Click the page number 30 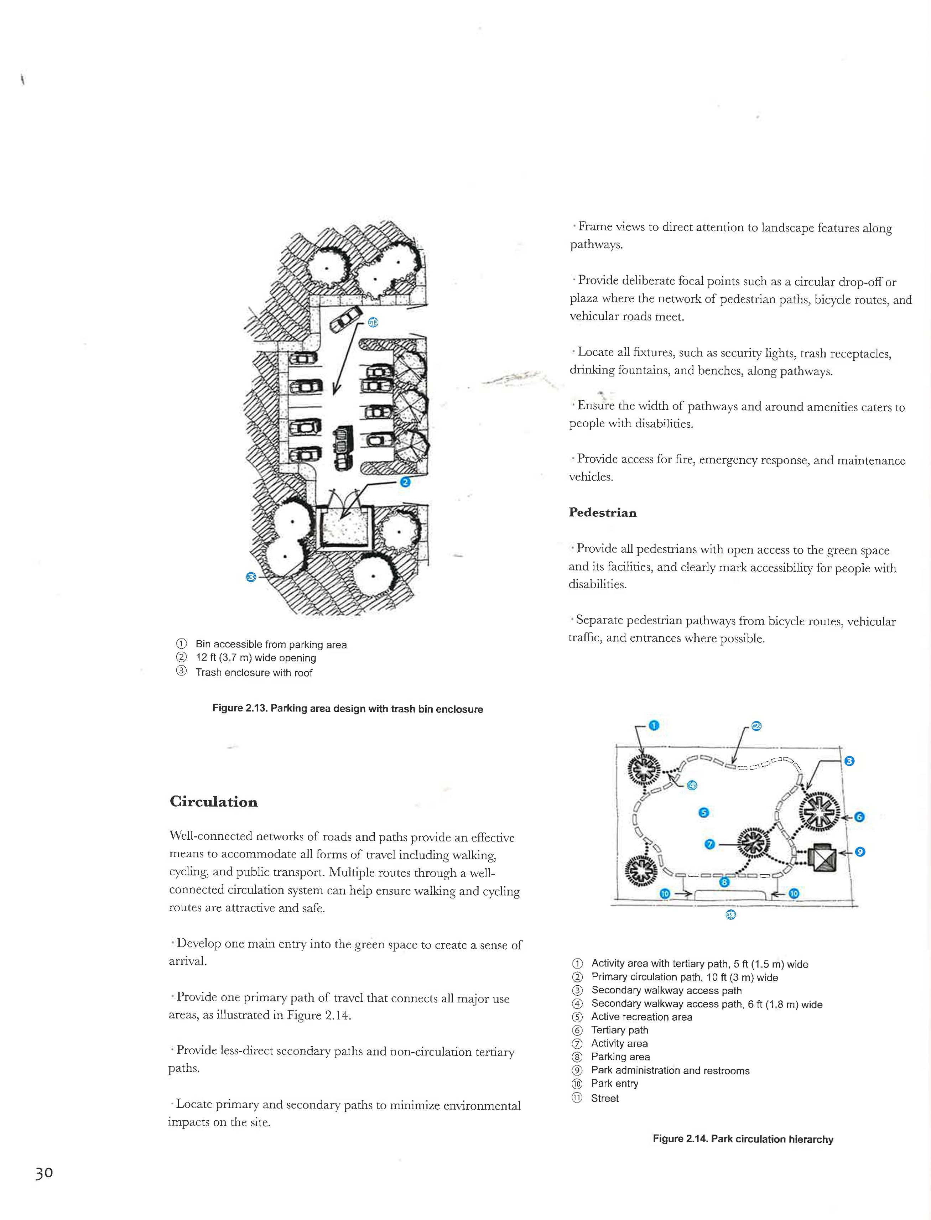44,1173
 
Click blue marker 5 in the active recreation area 703,813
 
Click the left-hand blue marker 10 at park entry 666,894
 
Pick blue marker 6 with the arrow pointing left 859,817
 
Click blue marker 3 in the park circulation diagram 849,761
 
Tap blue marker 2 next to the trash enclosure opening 405,482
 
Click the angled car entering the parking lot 343,320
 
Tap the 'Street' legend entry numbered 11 605,1098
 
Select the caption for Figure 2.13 348,709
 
